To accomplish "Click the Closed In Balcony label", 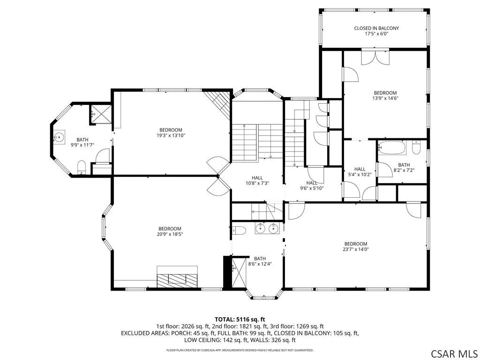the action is [x=376, y=31].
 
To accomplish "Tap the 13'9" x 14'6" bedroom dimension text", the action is [x=385, y=98].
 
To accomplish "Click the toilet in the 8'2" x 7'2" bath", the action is [x=416, y=147].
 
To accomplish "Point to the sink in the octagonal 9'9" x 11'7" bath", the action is [x=59, y=137].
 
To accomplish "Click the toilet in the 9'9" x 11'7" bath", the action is [x=82, y=167].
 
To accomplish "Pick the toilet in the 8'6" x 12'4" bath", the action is [x=239, y=230].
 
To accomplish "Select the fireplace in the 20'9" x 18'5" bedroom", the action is [x=177, y=277].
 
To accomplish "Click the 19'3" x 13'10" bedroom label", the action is [x=171, y=133].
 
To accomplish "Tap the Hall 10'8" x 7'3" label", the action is [x=257, y=180].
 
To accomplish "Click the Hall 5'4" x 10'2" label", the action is [x=360, y=172].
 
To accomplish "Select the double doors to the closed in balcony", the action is [x=375, y=57].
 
